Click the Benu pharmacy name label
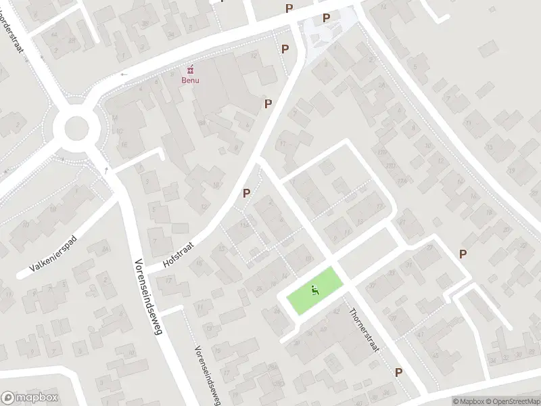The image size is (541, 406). point(190,80)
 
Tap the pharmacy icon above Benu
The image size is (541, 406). point(190,69)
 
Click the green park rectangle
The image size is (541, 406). point(314,290)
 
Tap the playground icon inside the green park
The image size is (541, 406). point(314,291)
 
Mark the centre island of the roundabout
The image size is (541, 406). point(76,127)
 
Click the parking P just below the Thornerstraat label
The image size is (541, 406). point(399,372)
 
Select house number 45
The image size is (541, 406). point(436,355)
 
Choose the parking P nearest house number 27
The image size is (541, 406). point(463,254)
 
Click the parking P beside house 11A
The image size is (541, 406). point(246,194)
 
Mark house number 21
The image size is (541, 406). point(402,221)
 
